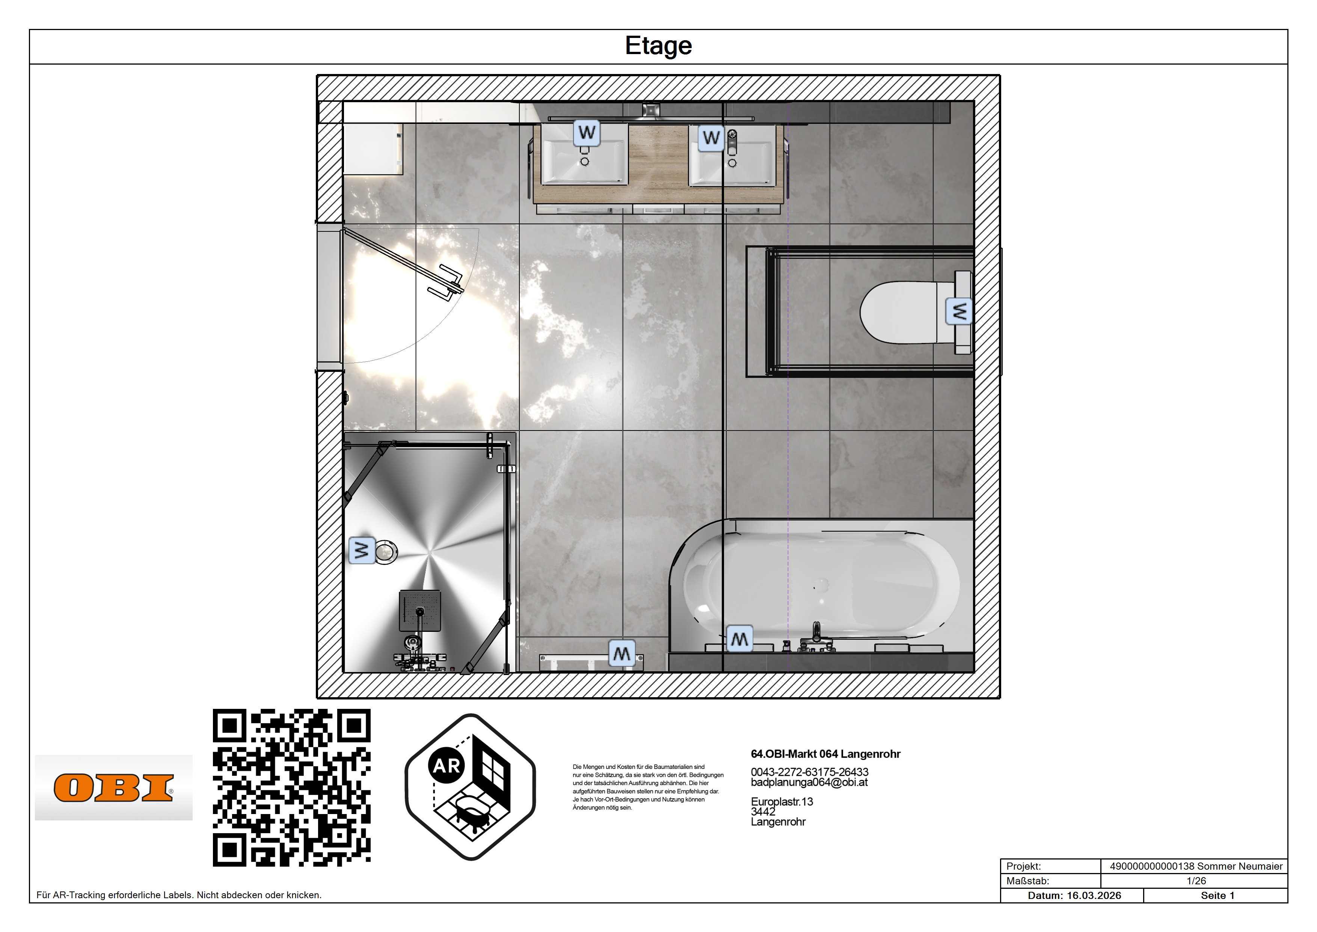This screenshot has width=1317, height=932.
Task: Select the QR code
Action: click(291, 787)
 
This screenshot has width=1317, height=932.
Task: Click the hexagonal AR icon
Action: click(470, 787)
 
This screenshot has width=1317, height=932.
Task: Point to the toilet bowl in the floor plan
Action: click(904, 313)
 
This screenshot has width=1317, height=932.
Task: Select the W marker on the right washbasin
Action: click(711, 138)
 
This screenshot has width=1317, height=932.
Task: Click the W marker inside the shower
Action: click(362, 550)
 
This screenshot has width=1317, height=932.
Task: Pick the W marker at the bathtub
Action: click(739, 639)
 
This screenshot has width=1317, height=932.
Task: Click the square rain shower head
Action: click(420, 610)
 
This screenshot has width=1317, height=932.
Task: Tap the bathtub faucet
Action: click(816, 636)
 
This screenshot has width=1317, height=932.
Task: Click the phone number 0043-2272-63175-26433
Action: click(809, 772)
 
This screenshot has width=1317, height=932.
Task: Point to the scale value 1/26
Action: click(1196, 881)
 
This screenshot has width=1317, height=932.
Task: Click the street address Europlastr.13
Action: click(782, 802)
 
